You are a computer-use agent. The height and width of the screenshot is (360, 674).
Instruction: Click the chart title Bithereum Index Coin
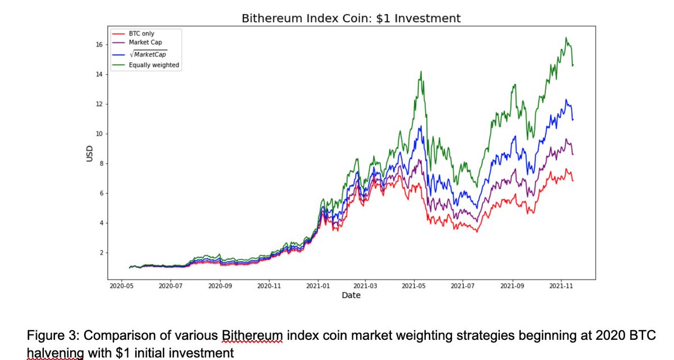pyautogui.click(x=351, y=18)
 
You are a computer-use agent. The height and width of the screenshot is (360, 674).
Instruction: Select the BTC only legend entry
pyautogui.click(x=141, y=34)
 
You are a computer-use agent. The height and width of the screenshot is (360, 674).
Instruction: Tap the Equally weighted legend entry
pyautogui.click(x=154, y=65)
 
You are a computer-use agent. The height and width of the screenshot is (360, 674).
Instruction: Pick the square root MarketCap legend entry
pyautogui.click(x=148, y=54)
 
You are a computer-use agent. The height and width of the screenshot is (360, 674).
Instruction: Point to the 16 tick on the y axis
pyautogui.click(x=98, y=45)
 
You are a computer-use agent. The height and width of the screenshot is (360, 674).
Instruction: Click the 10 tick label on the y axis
pyautogui.click(x=98, y=134)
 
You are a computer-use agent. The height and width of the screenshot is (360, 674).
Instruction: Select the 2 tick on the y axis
pyautogui.click(x=99, y=253)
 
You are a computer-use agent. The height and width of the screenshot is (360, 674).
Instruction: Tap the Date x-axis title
pyautogui.click(x=351, y=295)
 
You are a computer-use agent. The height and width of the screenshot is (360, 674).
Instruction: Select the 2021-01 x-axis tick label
pyautogui.click(x=317, y=285)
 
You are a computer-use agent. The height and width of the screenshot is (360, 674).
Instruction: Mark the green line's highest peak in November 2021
pyautogui.click(x=566, y=38)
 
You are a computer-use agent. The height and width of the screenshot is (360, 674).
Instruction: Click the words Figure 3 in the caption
pyautogui.click(x=51, y=336)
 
